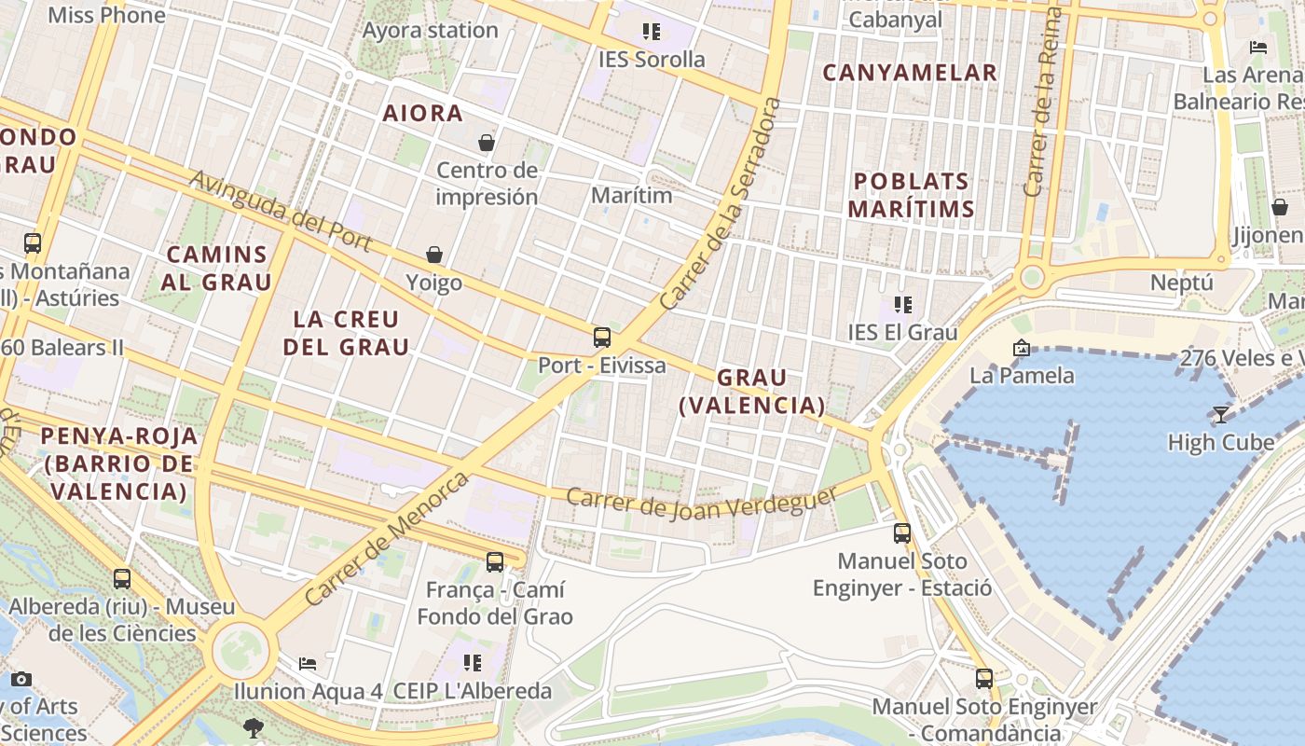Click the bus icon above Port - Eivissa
pyautogui.click(x=602, y=338)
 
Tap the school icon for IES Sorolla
pyautogui.click(x=652, y=32)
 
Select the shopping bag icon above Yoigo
pyautogui.click(x=434, y=255)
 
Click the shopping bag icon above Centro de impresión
pyautogui.click(x=487, y=143)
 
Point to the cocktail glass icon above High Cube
pyautogui.click(x=1221, y=414)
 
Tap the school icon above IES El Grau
pyautogui.click(x=902, y=305)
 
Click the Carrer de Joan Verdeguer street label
pyautogui.click(x=701, y=504)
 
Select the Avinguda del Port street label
pyautogui.click(x=281, y=212)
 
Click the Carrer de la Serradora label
pyautogui.click(x=720, y=203)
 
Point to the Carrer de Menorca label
pyautogui.click(x=387, y=538)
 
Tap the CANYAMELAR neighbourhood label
pyautogui.click(x=910, y=73)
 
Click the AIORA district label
pyautogui.click(x=423, y=114)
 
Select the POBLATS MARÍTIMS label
pyautogui.click(x=912, y=195)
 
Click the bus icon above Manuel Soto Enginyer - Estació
pyautogui.click(x=902, y=533)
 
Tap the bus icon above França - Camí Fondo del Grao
pyautogui.click(x=495, y=562)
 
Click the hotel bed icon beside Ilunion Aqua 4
pyautogui.click(x=308, y=664)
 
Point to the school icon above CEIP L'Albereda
pyautogui.click(x=473, y=663)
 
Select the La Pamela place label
pyautogui.click(x=1022, y=376)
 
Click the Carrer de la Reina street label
pyautogui.click(x=1043, y=103)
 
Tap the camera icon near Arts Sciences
pyautogui.click(x=21, y=679)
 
